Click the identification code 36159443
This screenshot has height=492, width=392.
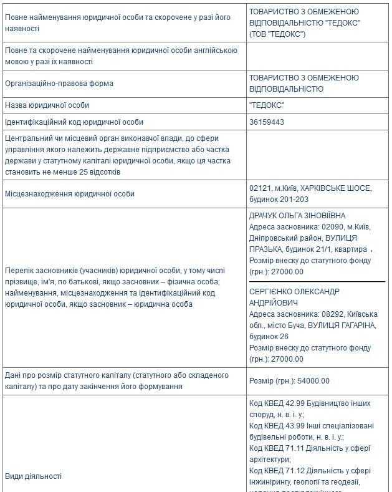point(266,122)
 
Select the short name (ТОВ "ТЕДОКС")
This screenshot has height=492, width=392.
point(277,34)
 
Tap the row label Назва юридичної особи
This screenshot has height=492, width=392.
point(47,105)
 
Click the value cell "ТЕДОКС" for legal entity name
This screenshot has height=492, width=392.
point(266,105)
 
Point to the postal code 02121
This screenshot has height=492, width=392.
point(259,188)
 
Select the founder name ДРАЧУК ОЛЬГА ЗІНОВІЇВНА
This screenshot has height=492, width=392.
point(297,216)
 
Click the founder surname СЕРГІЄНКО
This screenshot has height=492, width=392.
point(273,292)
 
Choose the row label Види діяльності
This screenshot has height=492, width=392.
point(33,476)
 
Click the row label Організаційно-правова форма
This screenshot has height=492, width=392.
point(59,84)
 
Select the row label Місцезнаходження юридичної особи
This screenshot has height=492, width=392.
point(69,194)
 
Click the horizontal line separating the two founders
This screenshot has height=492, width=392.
point(317,282)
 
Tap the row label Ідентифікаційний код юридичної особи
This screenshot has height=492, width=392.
point(74,122)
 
